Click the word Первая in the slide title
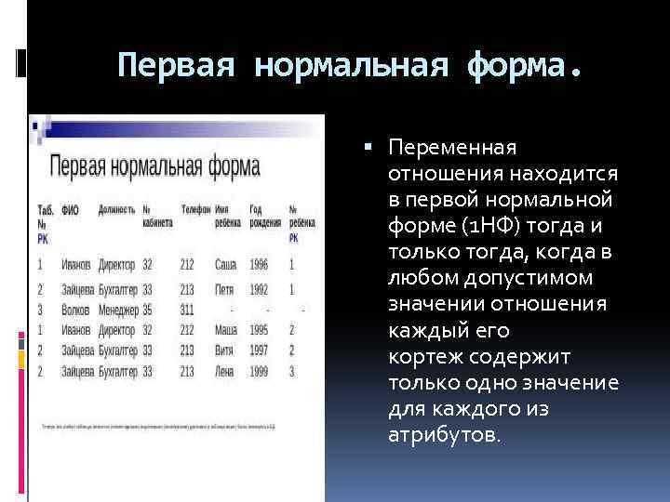click(x=178, y=65)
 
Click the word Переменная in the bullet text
click(x=453, y=148)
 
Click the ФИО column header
click(x=70, y=210)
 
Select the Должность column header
click(x=116, y=210)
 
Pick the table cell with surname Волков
click(x=76, y=309)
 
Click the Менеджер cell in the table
click(x=118, y=309)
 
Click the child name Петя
click(x=223, y=289)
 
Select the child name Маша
click(x=224, y=329)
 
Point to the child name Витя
click(x=223, y=350)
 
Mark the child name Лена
click(x=223, y=372)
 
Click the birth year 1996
click(x=259, y=265)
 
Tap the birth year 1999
click(x=259, y=372)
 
